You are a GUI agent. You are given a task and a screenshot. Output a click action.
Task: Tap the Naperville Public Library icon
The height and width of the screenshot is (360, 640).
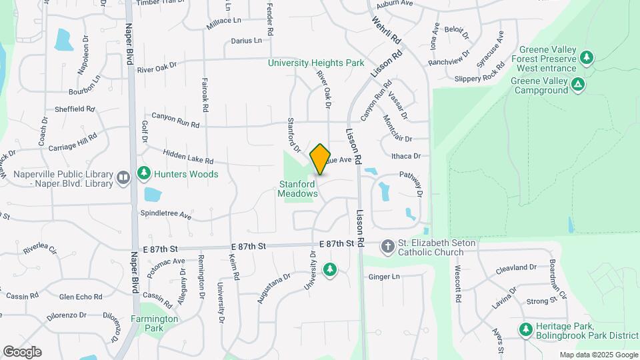point(123,177)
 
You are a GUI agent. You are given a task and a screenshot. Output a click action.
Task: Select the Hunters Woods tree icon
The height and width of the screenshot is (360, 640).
point(143,174)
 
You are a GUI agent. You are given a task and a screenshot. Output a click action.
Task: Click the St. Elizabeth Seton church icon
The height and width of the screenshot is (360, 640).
point(387,247)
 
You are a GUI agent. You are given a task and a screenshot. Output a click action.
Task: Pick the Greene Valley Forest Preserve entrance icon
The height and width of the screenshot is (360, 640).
point(586,58)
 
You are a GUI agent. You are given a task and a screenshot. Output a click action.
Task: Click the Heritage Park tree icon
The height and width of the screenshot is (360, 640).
point(526,329)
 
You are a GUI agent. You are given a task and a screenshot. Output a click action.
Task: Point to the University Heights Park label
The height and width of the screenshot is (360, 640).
point(316,63)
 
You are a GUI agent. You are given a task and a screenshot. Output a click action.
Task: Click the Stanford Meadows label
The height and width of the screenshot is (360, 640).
point(297,189)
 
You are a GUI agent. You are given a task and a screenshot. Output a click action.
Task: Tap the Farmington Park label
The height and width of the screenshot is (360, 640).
point(155,323)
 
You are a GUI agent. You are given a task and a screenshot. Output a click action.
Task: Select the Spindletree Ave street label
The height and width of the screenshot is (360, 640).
point(165,216)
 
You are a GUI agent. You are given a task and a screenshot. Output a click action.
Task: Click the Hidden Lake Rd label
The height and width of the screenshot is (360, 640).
point(187,157)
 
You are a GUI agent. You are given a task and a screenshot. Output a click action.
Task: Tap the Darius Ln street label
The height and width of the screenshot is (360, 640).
point(246,41)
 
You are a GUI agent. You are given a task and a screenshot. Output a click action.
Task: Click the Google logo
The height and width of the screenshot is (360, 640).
point(22,352)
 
